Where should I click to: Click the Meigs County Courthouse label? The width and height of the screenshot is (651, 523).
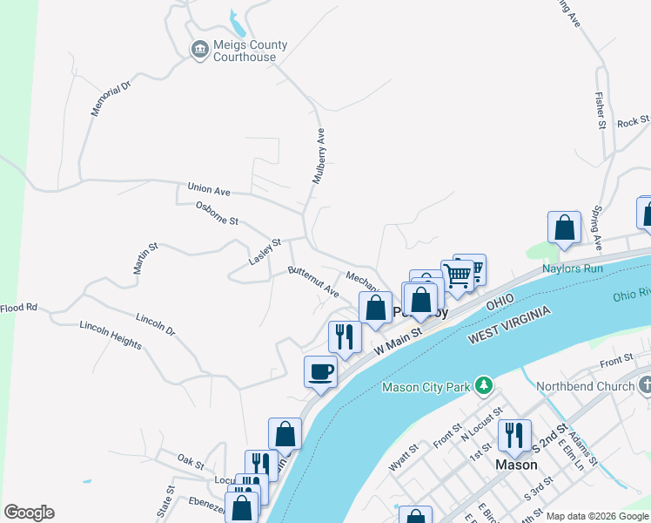click(245, 51)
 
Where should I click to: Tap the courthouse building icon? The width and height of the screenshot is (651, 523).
click(199, 49)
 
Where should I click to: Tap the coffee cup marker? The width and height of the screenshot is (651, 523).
click(320, 372)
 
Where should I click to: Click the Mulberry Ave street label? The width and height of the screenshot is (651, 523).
click(320, 156)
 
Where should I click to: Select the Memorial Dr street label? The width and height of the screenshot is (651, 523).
click(110, 98)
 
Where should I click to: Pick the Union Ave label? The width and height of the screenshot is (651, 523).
click(209, 189)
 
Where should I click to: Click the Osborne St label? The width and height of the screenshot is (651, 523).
click(217, 213)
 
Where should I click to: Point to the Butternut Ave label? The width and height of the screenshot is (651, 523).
click(313, 282)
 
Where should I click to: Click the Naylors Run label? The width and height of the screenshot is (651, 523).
click(573, 268)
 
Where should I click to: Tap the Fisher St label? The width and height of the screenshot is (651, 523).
click(600, 110)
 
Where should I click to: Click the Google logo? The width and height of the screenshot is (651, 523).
click(29, 513)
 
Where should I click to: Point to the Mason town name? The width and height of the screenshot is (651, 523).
click(516, 465)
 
